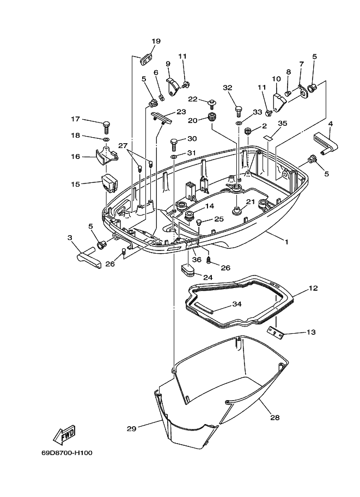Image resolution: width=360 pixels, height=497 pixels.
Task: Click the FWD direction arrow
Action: pos(64,434)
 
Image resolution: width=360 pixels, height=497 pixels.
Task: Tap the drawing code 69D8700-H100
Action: pos(67,452)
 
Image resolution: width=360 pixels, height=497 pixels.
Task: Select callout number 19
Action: pos(156,41)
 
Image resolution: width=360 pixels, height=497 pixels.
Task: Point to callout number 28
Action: pos(275,418)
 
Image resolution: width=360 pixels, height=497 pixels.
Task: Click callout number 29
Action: pos(132,428)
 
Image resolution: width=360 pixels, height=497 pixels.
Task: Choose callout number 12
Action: pos(313,288)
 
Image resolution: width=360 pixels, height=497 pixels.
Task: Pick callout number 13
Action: pos(311,332)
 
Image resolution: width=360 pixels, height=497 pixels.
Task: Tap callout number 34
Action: pos(237,304)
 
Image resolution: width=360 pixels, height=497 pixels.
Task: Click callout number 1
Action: pos(286,242)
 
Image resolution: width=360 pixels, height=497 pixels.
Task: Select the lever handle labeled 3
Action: pos(89,256)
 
